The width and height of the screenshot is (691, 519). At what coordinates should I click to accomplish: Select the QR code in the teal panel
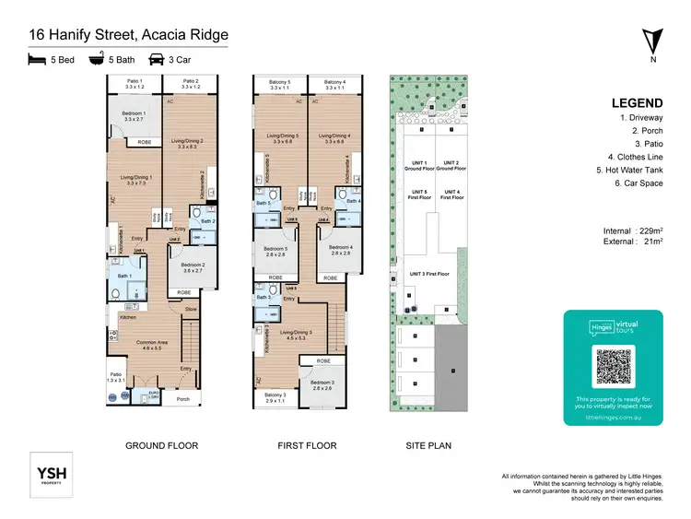click(x=614, y=367)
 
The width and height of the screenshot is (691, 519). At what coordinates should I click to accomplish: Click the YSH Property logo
click(x=52, y=476)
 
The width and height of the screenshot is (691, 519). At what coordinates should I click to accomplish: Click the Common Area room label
click(x=152, y=343)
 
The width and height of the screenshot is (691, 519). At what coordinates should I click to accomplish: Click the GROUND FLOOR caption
click(x=161, y=445)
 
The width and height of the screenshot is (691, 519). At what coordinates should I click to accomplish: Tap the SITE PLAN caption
click(x=428, y=445)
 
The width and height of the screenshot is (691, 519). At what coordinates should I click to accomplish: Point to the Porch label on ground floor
click(x=182, y=399)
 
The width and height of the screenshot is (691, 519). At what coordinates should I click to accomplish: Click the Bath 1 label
click(x=123, y=277)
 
